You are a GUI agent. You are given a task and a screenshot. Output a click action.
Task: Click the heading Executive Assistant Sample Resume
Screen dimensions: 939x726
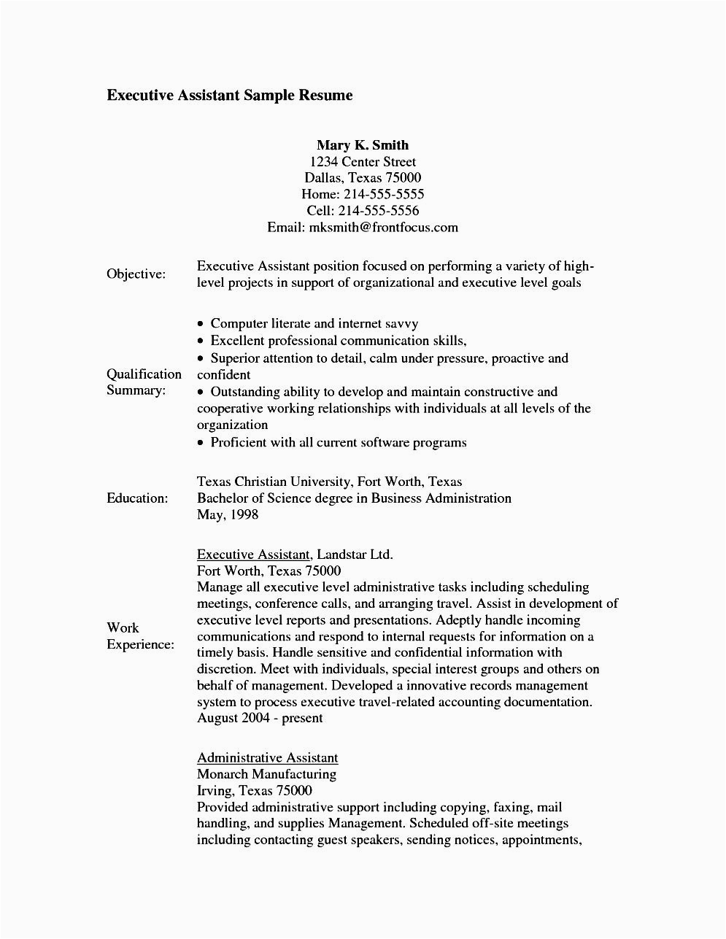tap(229, 96)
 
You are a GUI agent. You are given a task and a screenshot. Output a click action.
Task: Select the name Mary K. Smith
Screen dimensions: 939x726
tap(363, 145)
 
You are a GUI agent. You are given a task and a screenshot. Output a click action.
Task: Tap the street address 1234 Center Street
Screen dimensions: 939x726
tap(363, 162)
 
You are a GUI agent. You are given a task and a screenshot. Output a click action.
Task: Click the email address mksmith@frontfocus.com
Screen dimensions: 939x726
tap(384, 227)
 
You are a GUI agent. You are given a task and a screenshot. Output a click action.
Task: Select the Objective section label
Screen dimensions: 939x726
tap(136, 274)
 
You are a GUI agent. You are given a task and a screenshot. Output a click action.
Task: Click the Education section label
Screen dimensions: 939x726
tap(137, 498)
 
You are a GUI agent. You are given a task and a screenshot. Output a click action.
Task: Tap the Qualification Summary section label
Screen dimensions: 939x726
tap(144, 382)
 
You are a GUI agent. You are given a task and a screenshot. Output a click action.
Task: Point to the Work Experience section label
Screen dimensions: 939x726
tap(140, 636)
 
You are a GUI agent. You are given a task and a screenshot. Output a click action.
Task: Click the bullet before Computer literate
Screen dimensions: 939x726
tap(201, 324)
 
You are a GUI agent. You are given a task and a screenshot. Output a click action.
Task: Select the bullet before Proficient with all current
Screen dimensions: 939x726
tap(201, 443)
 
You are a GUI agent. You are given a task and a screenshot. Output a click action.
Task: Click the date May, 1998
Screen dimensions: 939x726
tap(228, 514)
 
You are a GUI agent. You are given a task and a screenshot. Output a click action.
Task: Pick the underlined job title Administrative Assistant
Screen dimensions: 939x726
tap(267, 757)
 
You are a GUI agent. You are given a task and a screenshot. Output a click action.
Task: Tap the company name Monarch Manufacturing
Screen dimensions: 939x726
tap(266, 774)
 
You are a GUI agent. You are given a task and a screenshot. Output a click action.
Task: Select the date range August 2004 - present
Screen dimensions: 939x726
tap(260, 718)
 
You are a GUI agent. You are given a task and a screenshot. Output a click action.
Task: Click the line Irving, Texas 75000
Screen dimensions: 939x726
tap(254, 791)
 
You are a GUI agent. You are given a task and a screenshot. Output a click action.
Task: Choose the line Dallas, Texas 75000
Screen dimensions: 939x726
tap(363, 178)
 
